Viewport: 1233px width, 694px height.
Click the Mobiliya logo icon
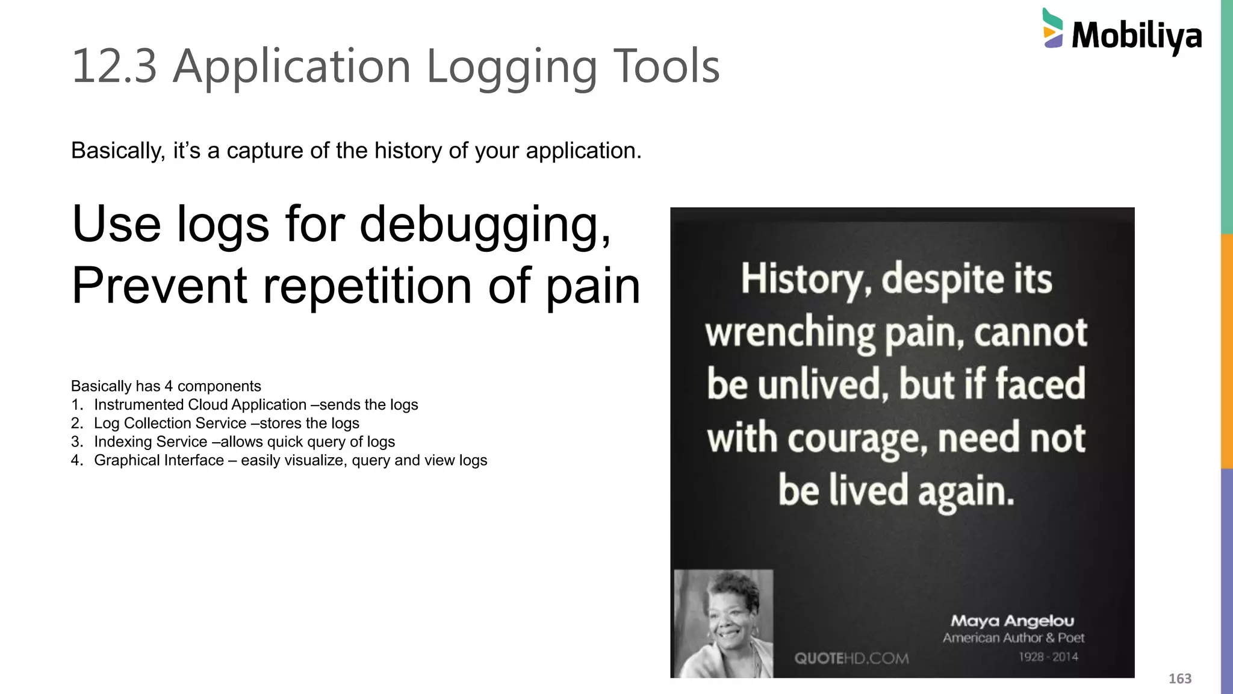click(x=1052, y=28)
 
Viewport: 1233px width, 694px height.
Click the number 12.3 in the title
click(x=114, y=66)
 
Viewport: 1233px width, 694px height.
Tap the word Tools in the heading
click(x=666, y=66)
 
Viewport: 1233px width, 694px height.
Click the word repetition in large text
click(x=367, y=286)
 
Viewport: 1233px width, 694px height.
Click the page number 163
click(x=1179, y=679)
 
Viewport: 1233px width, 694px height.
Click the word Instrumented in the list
click(x=138, y=405)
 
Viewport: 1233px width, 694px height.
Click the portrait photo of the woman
click(x=723, y=624)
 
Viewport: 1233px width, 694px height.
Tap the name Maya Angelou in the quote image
click(x=1012, y=621)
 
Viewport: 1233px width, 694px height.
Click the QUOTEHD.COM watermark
click(x=851, y=658)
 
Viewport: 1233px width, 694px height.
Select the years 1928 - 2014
click(x=1048, y=657)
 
